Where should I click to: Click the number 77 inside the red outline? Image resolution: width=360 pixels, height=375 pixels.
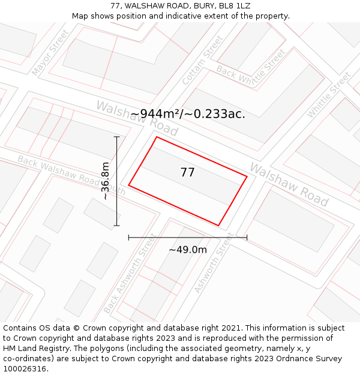187,173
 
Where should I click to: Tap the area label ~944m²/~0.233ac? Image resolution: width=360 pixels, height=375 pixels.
188,113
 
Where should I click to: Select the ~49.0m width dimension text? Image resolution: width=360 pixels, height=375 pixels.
187,250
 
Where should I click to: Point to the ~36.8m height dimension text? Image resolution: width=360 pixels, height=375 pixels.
106,181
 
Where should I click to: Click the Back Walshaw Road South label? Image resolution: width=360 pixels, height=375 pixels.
71,175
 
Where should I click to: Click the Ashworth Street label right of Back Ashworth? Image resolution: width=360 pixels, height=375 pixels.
213,263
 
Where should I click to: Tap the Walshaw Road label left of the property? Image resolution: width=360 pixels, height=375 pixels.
137,118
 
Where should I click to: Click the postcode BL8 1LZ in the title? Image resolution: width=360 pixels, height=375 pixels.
234,6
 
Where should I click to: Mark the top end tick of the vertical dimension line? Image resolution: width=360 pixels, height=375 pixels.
116,137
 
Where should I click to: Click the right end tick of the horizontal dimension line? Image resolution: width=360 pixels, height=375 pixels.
247,238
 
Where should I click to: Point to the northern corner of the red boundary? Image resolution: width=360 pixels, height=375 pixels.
157,137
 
